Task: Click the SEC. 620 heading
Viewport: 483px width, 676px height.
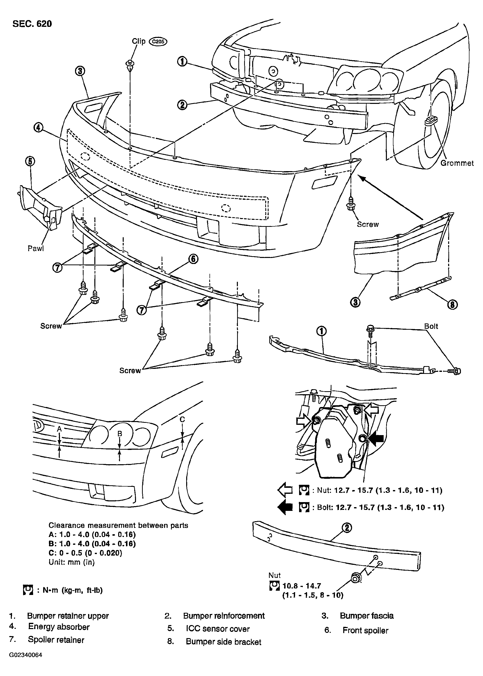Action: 32,24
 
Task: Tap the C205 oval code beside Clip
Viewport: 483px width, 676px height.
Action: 158,42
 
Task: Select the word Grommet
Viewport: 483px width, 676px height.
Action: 457,163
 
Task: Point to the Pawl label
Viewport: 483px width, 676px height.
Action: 36,248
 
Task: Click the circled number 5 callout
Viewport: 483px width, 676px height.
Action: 30,161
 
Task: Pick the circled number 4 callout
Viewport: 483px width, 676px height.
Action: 38,128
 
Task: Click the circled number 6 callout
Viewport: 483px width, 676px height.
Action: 193,259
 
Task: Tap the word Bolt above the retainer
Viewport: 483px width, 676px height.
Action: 431,326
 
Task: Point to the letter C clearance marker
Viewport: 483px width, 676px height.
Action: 182,419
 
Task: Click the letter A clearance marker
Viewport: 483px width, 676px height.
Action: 59,429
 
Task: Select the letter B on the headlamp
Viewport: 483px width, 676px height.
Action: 120,434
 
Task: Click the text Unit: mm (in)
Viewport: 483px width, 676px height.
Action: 71,562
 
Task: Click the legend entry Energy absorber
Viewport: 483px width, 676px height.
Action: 59,627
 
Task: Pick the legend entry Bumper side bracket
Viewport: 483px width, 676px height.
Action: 223,642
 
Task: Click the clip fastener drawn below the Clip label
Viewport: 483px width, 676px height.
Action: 130,66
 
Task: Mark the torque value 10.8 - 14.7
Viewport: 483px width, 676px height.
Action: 302,586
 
